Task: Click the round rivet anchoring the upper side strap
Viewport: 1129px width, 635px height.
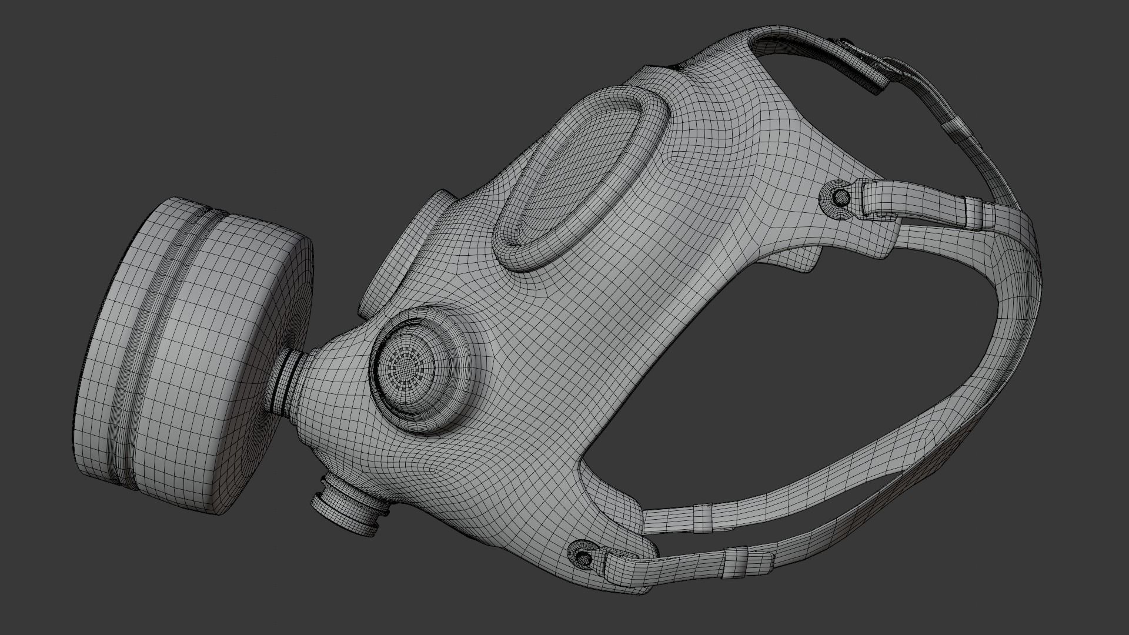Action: [x=841, y=196]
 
